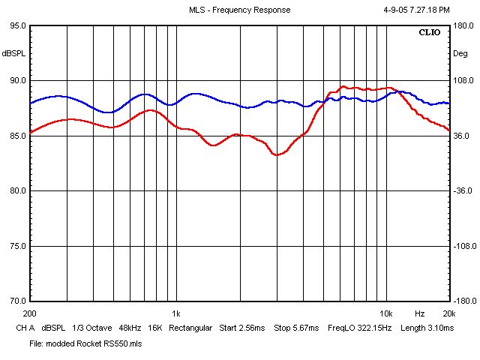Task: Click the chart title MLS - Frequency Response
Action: pyautogui.click(x=239, y=10)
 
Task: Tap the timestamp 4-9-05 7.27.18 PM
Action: pyautogui.click(x=416, y=10)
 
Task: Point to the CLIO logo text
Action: pyautogui.click(x=430, y=32)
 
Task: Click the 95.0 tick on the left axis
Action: pyautogui.click(x=18, y=25)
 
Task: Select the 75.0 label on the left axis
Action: pyautogui.click(x=18, y=246)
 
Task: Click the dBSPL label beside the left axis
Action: pyautogui.click(x=13, y=53)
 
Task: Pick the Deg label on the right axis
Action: pyautogui.click(x=460, y=53)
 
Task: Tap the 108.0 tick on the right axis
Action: pyautogui.click(x=463, y=80)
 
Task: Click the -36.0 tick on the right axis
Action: pyautogui.click(x=463, y=190)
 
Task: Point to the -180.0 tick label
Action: pyautogui.click(x=465, y=301)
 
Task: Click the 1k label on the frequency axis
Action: pyautogui.click(x=176, y=313)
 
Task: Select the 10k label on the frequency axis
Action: pyautogui.click(x=386, y=313)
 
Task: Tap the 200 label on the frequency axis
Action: pyautogui.click(x=30, y=313)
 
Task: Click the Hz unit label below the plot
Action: pyautogui.click(x=420, y=313)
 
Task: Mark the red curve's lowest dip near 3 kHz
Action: pyautogui.click(x=277, y=155)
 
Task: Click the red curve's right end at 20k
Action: pyautogui.click(x=448, y=130)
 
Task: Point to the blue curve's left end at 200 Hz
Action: pyautogui.click(x=31, y=103)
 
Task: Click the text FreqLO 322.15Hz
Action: pyautogui.click(x=360, y=328)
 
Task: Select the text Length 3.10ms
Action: pyautogui.click(x=427, y=328)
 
